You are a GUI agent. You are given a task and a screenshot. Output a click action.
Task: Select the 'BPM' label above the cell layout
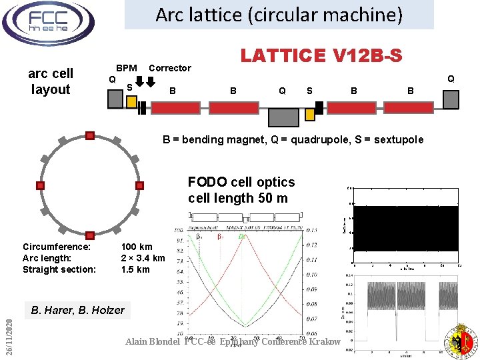127,67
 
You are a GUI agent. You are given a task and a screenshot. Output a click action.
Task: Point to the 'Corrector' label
169,68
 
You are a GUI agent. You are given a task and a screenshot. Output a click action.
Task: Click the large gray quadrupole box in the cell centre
283,117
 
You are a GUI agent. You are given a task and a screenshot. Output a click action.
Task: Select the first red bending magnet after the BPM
175,107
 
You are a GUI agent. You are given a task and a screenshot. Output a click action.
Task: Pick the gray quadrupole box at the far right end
451,99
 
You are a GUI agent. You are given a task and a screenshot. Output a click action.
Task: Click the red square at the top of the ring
90,136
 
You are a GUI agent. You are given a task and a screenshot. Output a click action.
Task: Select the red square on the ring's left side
40,185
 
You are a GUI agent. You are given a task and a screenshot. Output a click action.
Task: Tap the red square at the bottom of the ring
90,235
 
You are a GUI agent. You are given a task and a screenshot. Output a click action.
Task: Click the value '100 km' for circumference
137,247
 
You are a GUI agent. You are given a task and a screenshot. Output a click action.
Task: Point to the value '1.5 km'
135,269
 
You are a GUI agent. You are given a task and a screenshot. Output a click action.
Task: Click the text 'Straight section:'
59,269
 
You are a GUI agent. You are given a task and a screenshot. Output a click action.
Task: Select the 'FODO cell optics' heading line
241,182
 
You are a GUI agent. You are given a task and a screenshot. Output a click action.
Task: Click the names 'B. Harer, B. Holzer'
77,310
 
